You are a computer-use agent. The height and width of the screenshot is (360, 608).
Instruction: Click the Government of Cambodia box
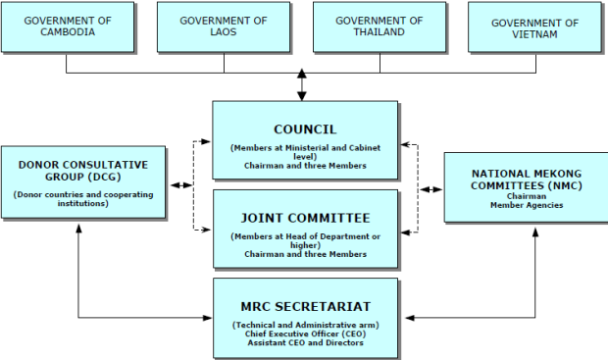(67, 26)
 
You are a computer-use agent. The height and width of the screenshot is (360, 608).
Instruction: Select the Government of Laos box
(224, 26)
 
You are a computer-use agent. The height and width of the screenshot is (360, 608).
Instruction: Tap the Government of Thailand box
(379, 26)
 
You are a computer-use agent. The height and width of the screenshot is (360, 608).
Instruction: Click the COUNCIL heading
(305, 129)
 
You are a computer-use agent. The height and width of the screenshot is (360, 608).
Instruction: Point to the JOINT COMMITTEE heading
(305, 218)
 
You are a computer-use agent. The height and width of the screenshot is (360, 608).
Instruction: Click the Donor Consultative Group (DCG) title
(83, 171)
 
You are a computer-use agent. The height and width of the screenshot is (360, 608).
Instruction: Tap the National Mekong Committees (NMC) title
(527, 176)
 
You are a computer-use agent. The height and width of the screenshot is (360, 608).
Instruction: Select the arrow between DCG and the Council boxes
(181, 184)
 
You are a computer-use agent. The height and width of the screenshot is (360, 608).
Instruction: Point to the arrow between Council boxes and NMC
(431, 187)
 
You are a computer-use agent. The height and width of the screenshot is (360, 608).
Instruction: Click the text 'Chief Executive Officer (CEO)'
(305, 334)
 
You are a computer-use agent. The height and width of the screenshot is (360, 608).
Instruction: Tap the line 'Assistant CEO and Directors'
(305, 342)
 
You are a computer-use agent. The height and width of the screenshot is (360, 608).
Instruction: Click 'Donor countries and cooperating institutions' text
(83, 198)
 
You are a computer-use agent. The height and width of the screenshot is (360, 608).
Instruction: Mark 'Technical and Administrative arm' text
(305, 325)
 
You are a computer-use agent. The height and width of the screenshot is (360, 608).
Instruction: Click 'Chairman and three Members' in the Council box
(305, 166)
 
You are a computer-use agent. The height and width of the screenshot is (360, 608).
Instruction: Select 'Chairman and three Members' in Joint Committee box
(305, 254)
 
